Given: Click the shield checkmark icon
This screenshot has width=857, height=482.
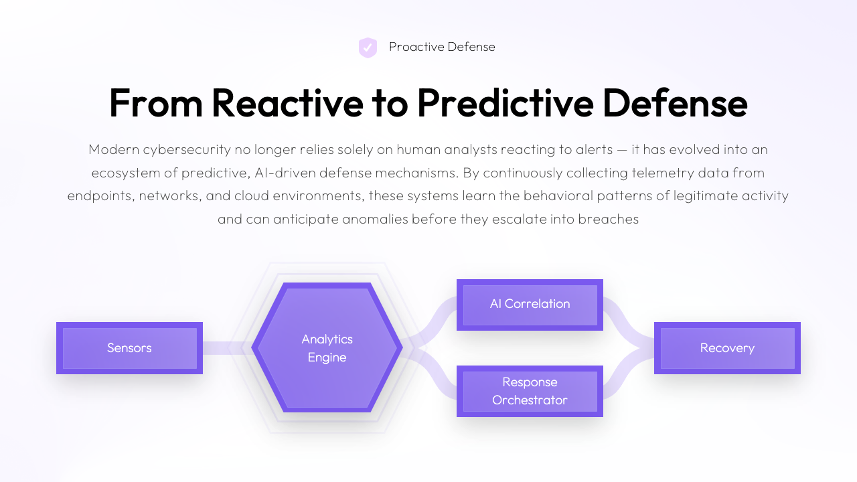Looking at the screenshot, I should (368, 48).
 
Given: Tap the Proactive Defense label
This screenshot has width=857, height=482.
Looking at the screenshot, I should (442, 47).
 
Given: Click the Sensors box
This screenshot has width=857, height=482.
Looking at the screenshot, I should (129, 348).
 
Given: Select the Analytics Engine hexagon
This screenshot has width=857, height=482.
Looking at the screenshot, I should (327, 348).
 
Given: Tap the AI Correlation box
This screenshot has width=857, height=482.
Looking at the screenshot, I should (530, 305).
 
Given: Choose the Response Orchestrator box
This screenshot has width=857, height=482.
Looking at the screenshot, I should (530, 391).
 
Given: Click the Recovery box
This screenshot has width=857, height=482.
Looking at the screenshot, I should (727, 348).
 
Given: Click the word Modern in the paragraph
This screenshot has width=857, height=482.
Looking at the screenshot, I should (112, 149).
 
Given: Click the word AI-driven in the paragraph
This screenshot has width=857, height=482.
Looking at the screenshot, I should (284, 173).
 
